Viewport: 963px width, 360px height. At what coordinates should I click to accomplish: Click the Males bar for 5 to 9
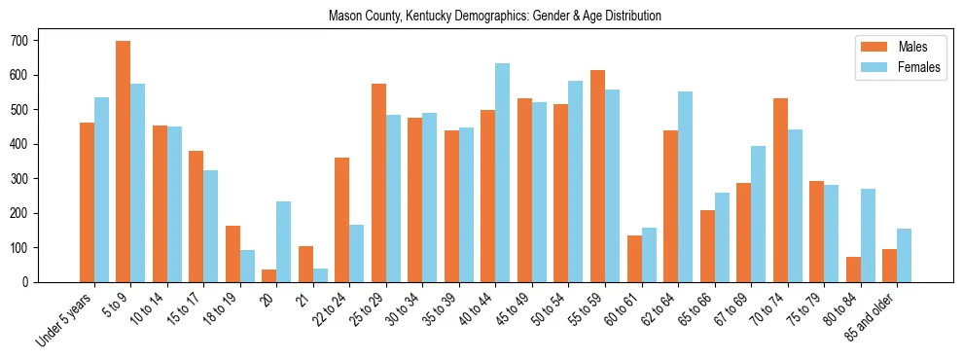tap(124, 162)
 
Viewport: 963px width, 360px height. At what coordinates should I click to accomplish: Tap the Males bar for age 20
tap(269, 275)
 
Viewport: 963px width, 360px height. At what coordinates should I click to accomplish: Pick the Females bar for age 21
tap(320, 275)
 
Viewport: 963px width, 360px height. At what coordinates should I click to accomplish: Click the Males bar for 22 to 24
tap(342, 220)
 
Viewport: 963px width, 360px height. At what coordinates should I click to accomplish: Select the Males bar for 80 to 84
tap(853, 270)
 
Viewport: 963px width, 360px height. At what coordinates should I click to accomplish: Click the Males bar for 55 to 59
tap(597, 176)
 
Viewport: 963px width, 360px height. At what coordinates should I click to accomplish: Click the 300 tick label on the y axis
tap(26, 179)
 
